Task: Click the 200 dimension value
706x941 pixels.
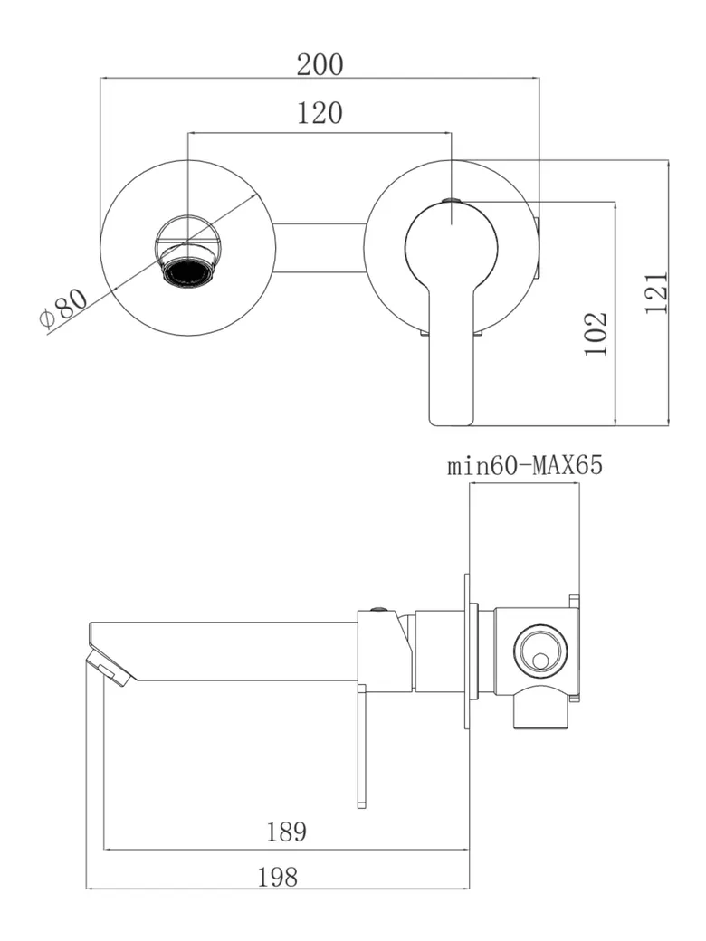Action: point(320,64)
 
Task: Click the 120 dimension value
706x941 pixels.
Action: point(320,113)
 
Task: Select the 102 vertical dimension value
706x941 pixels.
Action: point(596,333)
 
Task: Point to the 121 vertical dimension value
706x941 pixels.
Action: point(657,291)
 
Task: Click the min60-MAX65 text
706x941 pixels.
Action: point(525,467)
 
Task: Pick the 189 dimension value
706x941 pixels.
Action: point(286,832)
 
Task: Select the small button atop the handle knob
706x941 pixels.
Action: point(452,200)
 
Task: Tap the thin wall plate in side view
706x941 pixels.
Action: point(468,651)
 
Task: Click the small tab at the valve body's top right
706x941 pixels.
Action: point(574,600)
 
